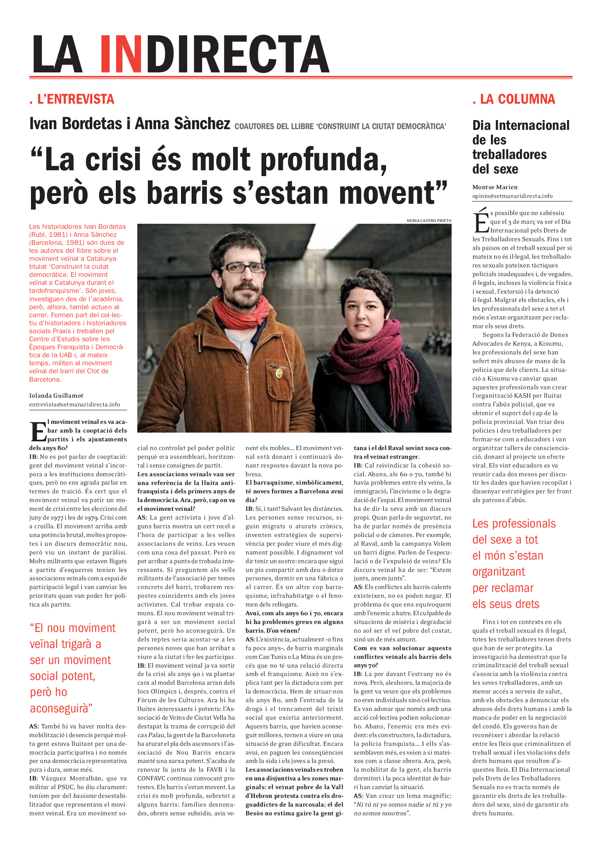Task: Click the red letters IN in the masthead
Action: pyautogui.click(x=121, y=54)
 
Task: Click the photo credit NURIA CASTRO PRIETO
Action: pyautogui.click(x=429, y=220)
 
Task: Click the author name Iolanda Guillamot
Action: pyautogui.click(x=56, y=395)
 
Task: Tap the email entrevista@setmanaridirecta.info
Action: pyautogui.click(x=75, y=404)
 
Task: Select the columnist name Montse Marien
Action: pyautogui.click(x=495, y=187)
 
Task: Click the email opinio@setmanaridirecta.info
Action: pyautogui.click(x=512, y=196)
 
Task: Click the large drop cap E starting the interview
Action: pyautogui.click(x=38, y=432)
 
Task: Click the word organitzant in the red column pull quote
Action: pyautogui.click(x=499, y=572)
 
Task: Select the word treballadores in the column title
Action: pyautogui.click(x=509, y=155)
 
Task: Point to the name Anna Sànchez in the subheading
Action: pyautogui.click(x=182, y=124)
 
